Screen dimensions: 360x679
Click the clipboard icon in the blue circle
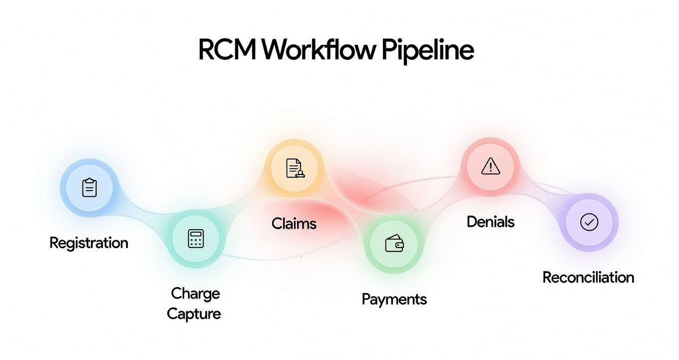click(89, 188)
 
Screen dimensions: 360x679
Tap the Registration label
click(89, 243)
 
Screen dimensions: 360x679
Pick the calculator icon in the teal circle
click(196, 239)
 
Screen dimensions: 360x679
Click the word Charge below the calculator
click(195, 294)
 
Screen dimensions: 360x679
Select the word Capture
click(194, 314)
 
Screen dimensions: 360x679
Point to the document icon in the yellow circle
click(295, 168)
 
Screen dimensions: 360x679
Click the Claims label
click(294, 223)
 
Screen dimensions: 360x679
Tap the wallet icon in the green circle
click(394, 243)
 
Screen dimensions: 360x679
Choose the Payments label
click(394, 300)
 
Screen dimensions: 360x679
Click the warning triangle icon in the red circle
click(490, 166)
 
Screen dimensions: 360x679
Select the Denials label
click(490, 222)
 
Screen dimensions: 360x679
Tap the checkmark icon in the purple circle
click(589, 222)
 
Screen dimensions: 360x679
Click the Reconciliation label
click(588, 278)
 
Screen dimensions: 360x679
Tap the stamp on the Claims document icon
click(300, 174)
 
